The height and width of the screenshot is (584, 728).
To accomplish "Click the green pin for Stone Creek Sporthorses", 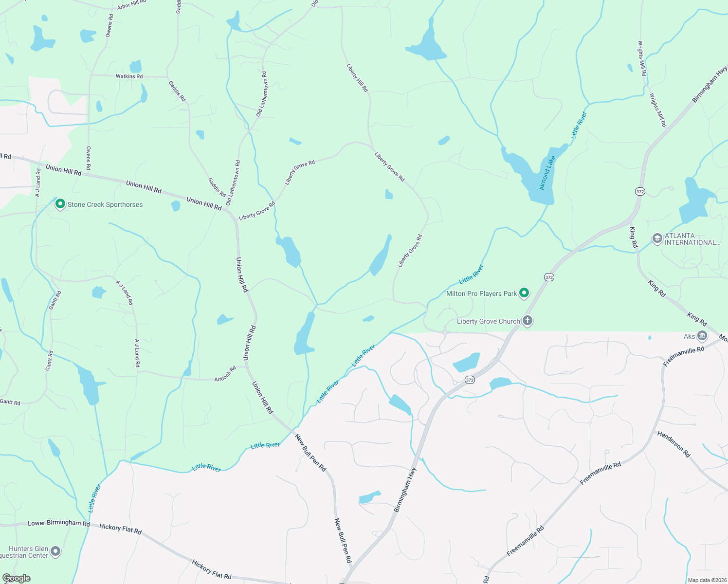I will tap(60, 204).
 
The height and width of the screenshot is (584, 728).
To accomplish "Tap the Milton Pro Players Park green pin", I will tap(524, 293).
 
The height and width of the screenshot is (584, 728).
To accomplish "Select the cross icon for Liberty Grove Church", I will tap(528, 321).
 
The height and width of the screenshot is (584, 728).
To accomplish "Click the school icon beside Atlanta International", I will tap(657, 238).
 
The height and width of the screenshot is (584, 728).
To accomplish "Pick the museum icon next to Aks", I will tap(702, 336).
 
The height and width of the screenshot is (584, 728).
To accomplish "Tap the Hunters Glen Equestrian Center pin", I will tap(56, 551).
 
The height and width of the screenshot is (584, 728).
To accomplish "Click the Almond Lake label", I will tap(547, 173).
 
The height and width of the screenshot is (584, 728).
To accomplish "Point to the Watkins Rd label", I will tap(129, 76).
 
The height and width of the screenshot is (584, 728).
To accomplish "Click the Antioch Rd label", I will tap(225, 373).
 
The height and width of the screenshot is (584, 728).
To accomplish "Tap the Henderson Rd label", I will tap(674, 444).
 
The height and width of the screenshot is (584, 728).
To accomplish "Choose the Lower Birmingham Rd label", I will tap(59, 523).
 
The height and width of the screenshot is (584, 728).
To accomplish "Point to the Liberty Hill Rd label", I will tap(357, 78).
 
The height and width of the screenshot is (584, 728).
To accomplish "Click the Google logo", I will tap(17, 578).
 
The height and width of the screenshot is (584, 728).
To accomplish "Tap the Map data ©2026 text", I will tap(706, 580).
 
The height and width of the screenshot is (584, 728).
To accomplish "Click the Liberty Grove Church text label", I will tap(488, 321).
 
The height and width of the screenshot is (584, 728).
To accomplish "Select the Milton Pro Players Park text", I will tap(481, 293).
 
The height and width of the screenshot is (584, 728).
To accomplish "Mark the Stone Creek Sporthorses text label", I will tap(105, 204).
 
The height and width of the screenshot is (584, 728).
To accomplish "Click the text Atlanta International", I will tap(692, 239).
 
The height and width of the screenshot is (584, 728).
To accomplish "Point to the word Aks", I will tap(689, 336).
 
